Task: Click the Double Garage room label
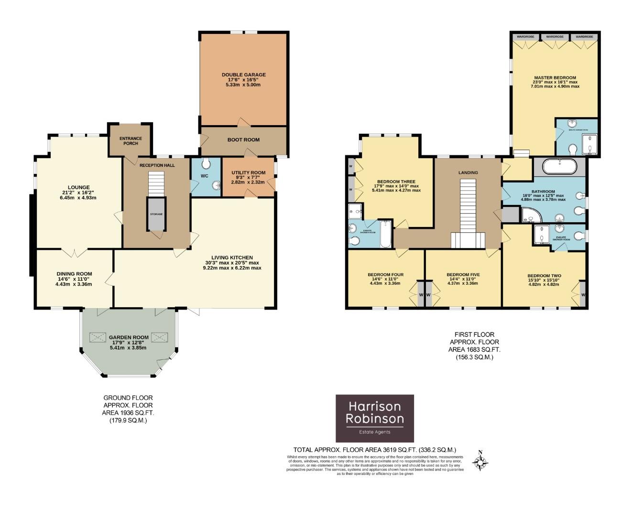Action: coord(243,75)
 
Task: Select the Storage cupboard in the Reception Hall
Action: coord(156,214)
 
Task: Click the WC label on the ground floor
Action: coord(205,176)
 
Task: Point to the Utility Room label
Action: coord(248,172)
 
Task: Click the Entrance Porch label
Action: coord(131,141)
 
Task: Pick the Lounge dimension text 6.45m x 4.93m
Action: coord(79,197)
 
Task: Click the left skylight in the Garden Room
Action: coord(98,337)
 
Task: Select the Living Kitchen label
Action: coord(232,258)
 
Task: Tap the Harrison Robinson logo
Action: coord(375,418)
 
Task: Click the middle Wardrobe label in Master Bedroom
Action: coord(555,37)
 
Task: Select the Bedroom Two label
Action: coord(544,276)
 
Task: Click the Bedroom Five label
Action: coord(463,275)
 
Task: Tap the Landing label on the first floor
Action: coord(468,172)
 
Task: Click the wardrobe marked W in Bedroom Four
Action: coord(421,295)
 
